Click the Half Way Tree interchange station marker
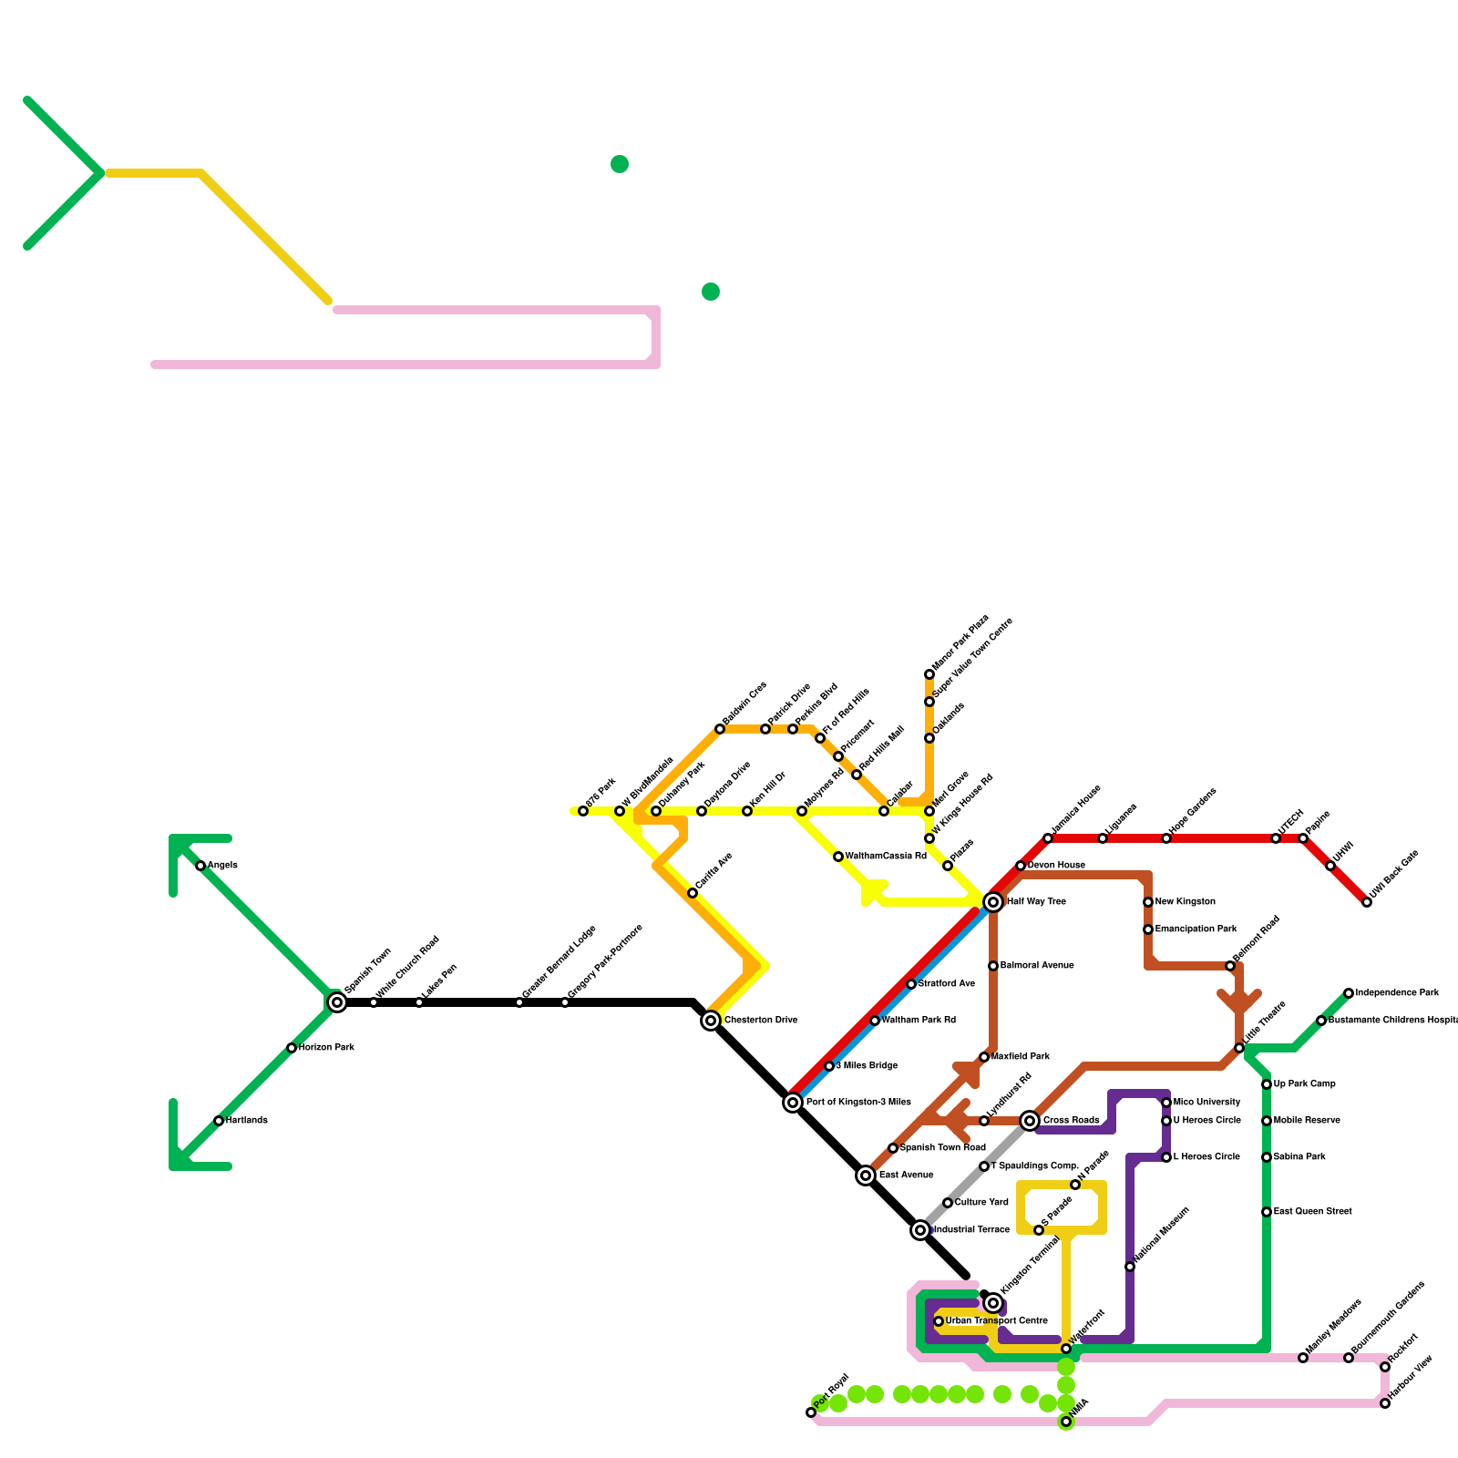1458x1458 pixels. pos(993,902)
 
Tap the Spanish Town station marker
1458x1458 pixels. pos(337,1002)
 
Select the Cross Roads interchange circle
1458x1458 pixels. pos(1030,1121)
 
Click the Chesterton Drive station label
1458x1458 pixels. pos(761,1021)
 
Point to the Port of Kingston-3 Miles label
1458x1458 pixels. pos(858,1103)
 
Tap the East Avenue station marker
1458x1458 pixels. pos(866,1176)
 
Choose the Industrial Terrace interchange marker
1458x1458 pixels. pos(920,1230)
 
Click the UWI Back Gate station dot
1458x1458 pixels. pos(1367,902)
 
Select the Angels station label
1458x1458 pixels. pos(222,866)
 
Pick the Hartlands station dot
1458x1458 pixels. pos(219,1121)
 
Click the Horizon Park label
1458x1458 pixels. pos(326,1048)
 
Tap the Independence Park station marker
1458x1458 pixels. pos(1349,993)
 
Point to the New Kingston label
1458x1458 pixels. pos(1185,902)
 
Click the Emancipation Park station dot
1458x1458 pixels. pos(1148,929)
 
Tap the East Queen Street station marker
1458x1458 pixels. pos(1267,1212)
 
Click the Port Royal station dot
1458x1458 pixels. pos(811,1412)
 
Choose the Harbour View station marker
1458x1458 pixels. pos(1385,1403)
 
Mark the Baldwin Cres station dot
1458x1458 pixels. pos(720,729)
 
